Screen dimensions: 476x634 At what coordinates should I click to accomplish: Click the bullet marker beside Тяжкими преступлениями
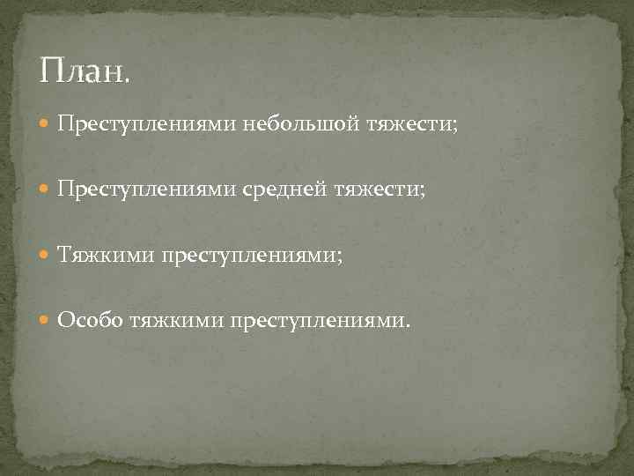[x=46, y=256]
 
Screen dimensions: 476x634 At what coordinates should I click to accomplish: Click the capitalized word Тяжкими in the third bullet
[x=104, y=256]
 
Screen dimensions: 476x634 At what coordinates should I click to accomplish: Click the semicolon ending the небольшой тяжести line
[x=454, y=128]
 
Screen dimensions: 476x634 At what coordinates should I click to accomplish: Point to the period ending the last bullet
[x=406, y=325]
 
